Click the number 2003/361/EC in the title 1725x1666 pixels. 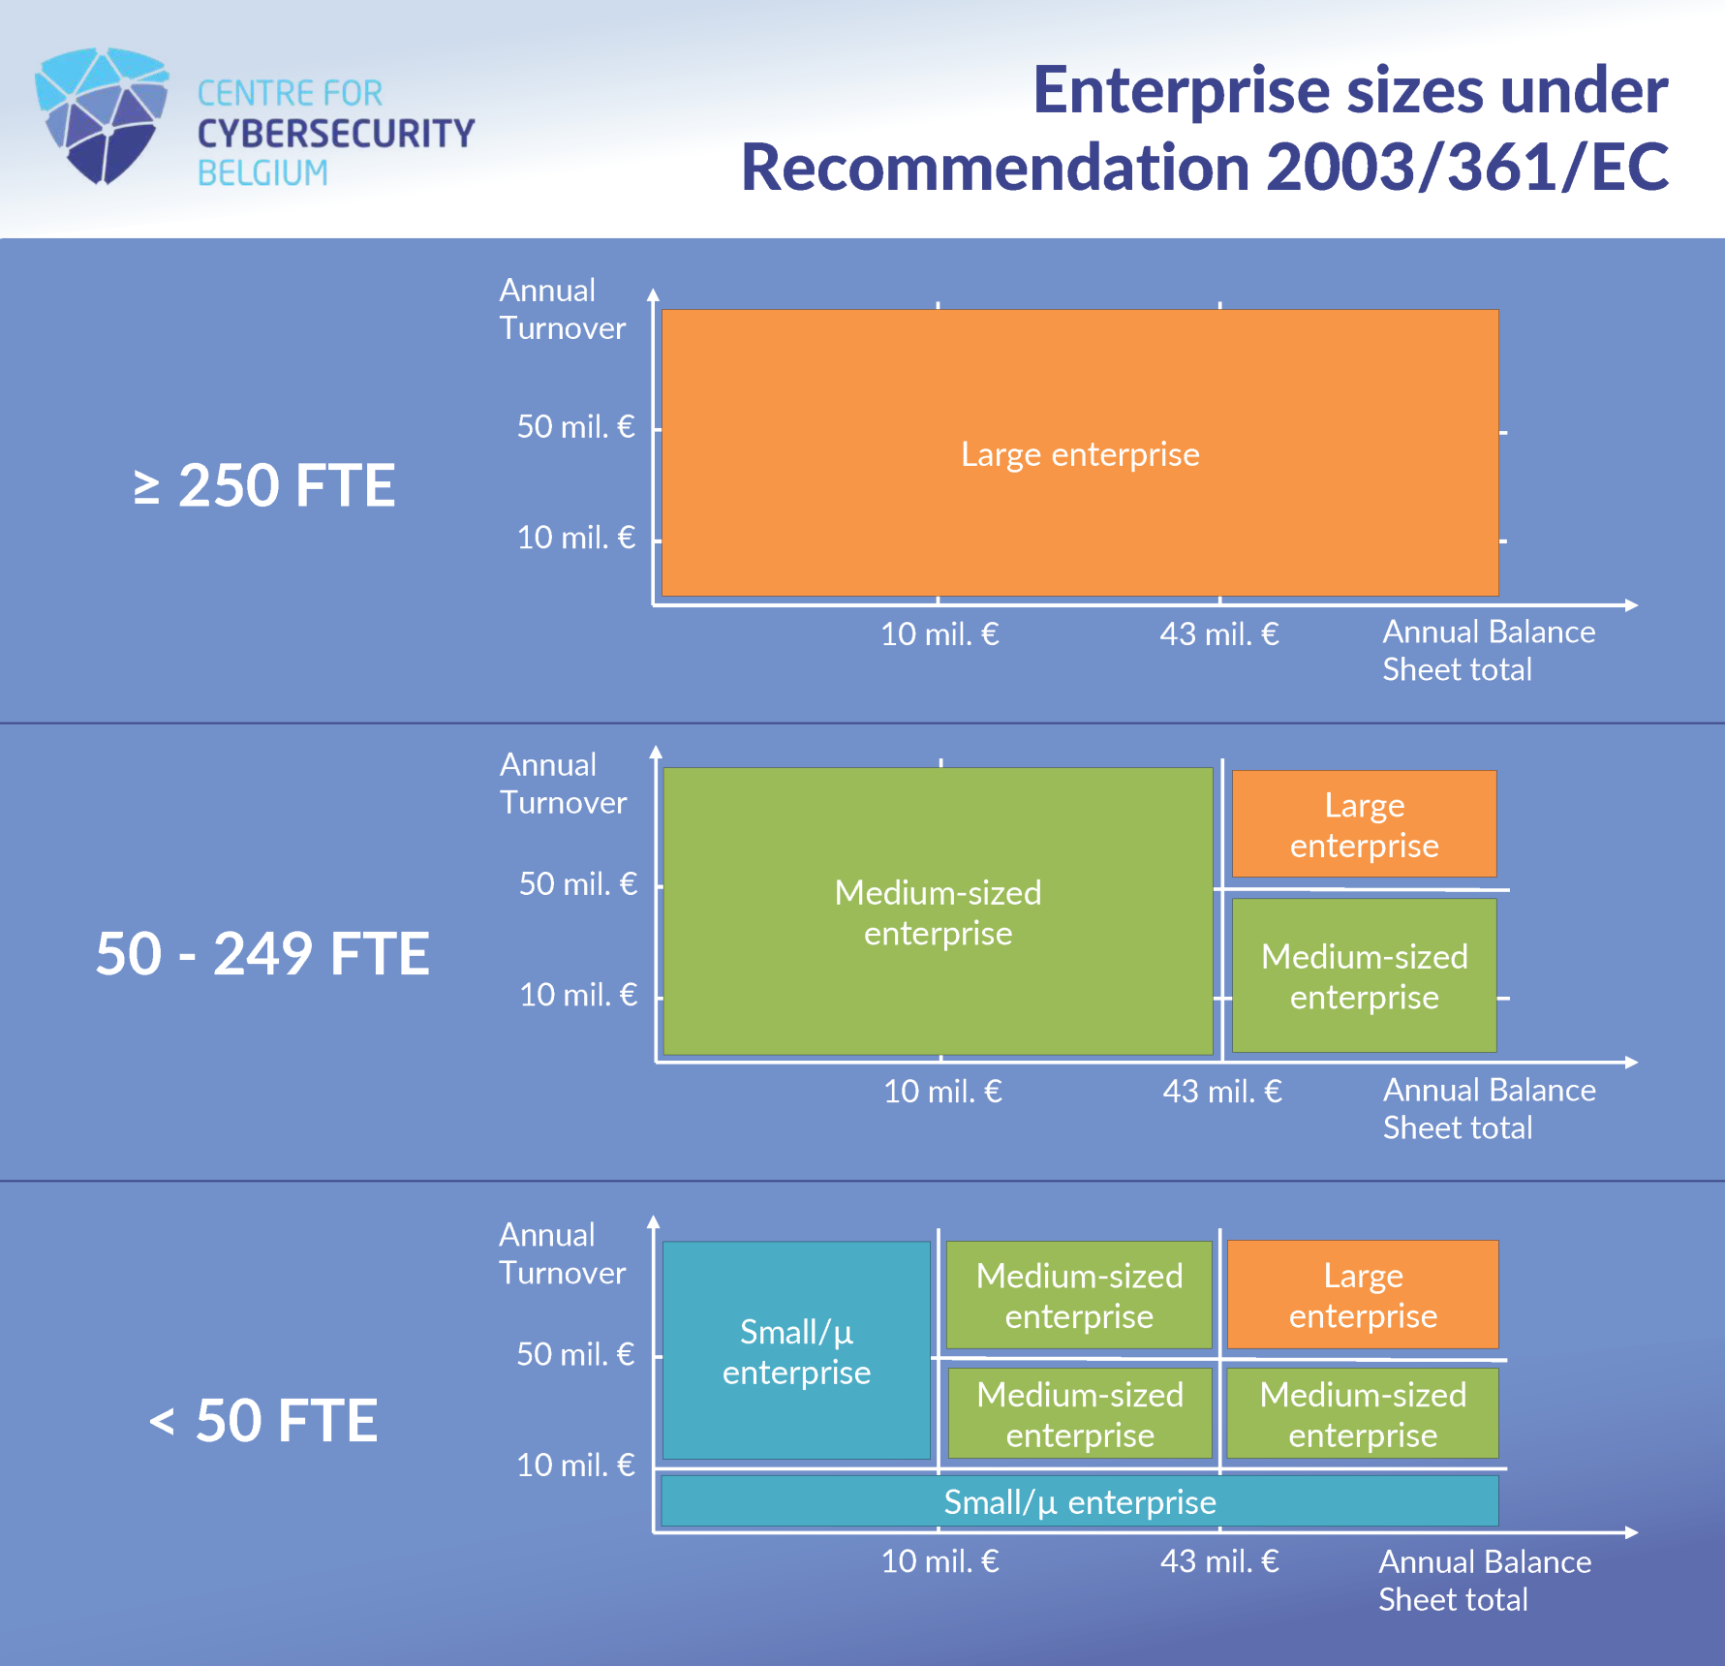click(x=1466, y=168)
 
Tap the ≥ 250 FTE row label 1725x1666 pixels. click(x=263, y=485)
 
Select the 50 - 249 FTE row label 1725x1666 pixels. click(x=262, y=954)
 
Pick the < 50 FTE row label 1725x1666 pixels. click(x=263, y=1421)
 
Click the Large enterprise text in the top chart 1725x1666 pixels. click(x=1080, y=454)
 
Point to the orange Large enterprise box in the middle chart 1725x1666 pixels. click(x=1364, y=824)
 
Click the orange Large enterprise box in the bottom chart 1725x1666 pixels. click(x=1362, y=1295)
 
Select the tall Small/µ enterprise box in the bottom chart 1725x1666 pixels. click(x=796, y=1350)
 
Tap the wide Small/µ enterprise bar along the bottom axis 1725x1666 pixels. click(x=1079, y=1502)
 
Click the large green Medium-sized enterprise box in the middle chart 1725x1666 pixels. click(x=938, y=911)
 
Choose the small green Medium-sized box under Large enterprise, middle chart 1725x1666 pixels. click(x=1364, y=976)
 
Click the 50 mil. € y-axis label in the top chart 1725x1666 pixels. click(x=575, y=426)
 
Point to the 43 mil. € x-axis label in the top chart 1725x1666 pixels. click(x=1219, y=634)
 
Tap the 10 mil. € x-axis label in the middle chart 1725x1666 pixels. click(x=942, y=1092)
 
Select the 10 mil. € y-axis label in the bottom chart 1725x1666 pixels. click(x=575, y=1465)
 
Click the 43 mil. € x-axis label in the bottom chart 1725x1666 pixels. click(x=1219, y=1561)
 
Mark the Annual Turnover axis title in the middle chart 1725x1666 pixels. click(x=563, y=784)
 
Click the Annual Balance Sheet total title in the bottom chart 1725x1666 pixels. click(x=1484, y=1581)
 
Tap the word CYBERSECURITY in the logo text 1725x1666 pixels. click(x=335, y=134)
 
